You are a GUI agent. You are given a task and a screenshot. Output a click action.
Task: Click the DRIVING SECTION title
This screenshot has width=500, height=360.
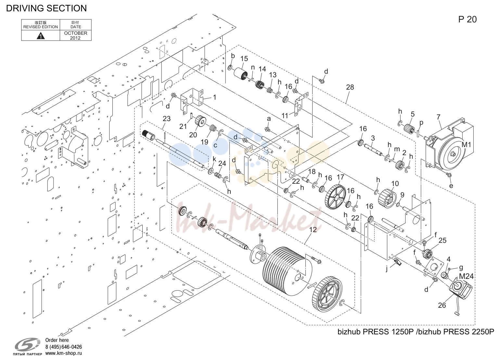click(x=46, y=8)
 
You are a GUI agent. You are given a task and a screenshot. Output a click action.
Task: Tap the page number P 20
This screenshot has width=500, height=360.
click(x=468, y=19)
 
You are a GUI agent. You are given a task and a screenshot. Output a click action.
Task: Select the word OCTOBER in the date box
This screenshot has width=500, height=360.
click(x=76, y=33)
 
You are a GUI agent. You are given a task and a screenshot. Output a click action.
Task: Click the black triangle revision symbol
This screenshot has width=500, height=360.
click(x=41, y=36)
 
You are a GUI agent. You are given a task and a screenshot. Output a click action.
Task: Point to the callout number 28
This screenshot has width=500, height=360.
click(x=350, y=87)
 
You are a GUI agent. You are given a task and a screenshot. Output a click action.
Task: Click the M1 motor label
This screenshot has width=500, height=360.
click(x=466, y=145)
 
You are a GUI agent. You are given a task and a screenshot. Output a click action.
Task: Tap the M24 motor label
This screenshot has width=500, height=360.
click(x=466, y=276)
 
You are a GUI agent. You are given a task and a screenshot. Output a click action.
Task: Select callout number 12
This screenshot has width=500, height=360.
click(x=313, y=230)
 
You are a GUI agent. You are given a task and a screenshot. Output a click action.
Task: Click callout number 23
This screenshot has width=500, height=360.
click(x=167, y=119)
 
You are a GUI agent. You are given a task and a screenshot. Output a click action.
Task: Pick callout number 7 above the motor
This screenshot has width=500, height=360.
click(x=438, y=117)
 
